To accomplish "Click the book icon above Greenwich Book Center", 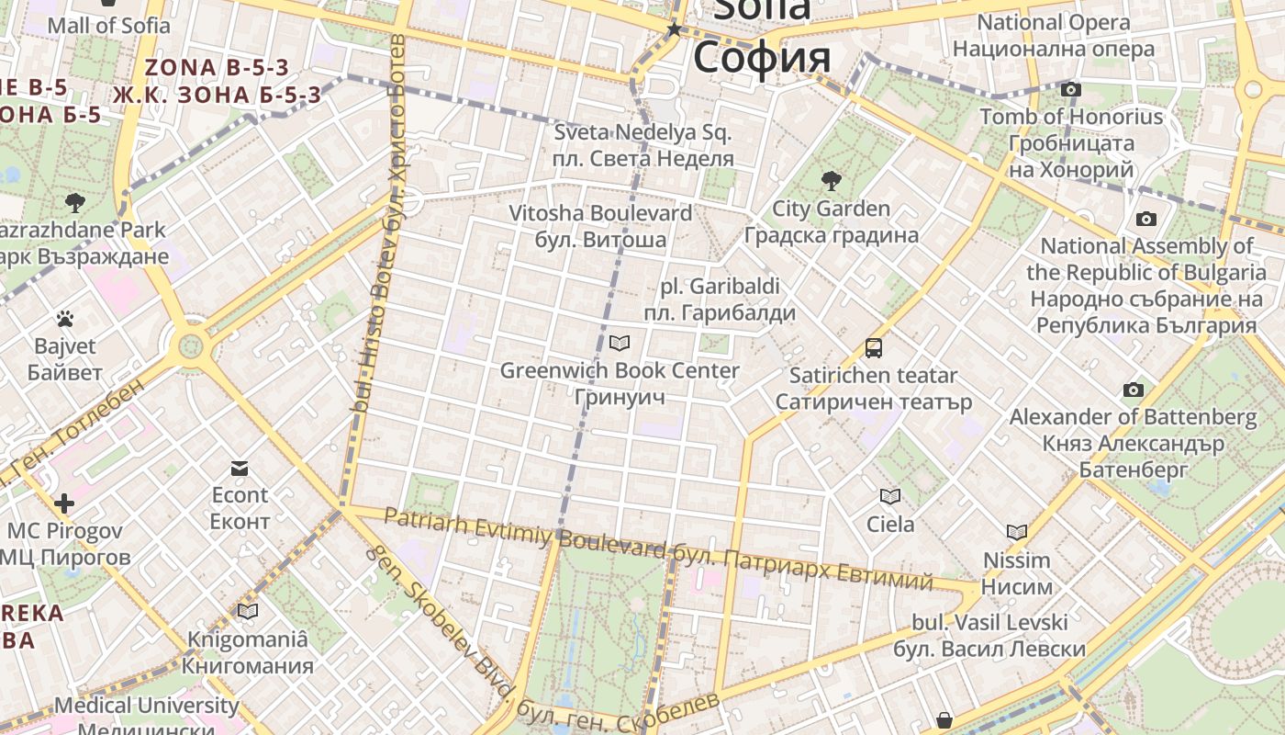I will pos(620,344).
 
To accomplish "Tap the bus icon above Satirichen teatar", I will pos(873,348).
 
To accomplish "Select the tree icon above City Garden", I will pos(831,180).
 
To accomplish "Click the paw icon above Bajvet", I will pos(64,319).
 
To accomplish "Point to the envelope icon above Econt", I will pos(240,469).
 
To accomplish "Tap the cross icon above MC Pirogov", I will pos(63,503).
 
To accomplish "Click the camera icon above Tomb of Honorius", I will pos(1070,90).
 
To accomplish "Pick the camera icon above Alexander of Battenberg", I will pos(1133,390).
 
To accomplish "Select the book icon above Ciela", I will pos(889,497).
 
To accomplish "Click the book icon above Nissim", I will pos(1016,533).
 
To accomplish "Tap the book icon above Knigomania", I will pos(247,611).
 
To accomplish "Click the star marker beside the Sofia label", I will pos(675,30).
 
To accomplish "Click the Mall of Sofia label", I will pos(108,25).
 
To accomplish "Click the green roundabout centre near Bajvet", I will pos(191,346).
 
